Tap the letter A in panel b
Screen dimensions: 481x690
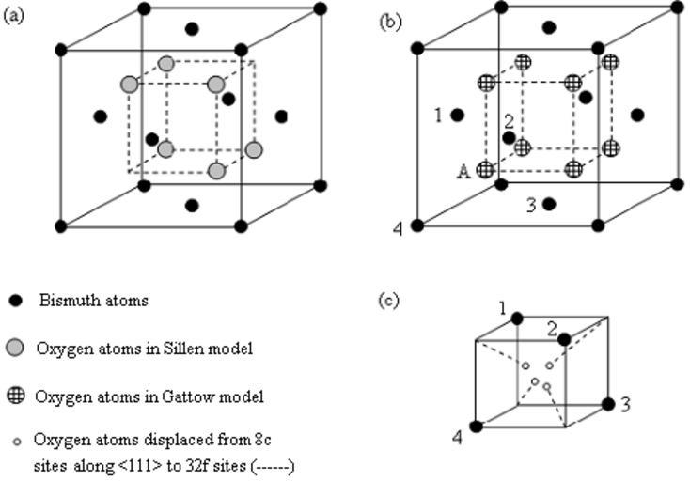tap(463, 171)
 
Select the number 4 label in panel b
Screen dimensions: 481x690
tap(399, 228)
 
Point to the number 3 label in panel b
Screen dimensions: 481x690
tap(530, 205)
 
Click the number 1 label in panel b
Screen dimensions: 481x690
tap(438, 116)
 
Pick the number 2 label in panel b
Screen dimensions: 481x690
tap(508, 121)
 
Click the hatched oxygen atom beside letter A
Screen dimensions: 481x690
tap(485, 170)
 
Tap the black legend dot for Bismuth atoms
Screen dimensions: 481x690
tap(15, 302)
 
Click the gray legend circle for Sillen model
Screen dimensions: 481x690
tap(15, 348)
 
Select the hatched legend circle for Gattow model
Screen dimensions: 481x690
tap(15, 396)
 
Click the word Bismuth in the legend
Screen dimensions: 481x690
tap(66, 302)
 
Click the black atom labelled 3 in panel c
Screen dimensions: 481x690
tap(608, 404)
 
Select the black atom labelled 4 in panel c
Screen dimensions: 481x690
tap(477, 427)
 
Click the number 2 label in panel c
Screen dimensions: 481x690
tap(552, 327)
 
